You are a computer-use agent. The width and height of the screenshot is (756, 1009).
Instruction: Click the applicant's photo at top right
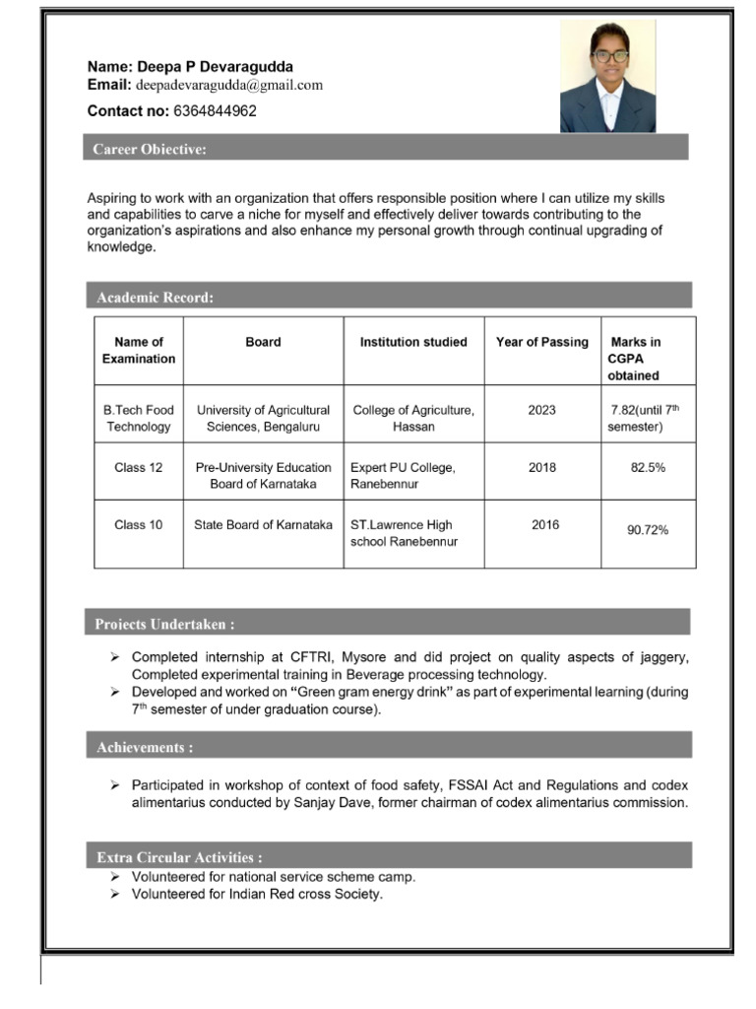click(607, 76)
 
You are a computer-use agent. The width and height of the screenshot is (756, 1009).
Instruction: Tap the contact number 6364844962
click(215, 111)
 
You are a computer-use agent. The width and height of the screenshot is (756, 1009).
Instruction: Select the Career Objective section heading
click(150, 150)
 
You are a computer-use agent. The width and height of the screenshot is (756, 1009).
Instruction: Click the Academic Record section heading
click(154, 298)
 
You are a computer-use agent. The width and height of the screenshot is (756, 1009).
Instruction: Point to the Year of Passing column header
click(541, 343)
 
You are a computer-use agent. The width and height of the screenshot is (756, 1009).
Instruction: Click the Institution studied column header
click(413, 343)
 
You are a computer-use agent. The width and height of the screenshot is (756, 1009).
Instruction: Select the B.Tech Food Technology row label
click(139, 419)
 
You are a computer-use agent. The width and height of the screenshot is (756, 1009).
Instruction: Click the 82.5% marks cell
click(648, 468)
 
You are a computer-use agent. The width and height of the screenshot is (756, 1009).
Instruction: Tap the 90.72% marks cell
click(648, 531)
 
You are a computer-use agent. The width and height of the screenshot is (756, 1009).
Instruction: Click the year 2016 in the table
click(544, 525)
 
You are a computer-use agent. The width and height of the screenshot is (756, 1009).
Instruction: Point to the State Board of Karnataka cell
click(263, 525)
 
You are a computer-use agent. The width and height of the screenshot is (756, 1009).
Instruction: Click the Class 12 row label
click(139, 468)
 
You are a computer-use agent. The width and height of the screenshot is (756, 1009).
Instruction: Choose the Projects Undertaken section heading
click(163, 625)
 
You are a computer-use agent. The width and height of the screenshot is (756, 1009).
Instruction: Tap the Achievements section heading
click(144, 748)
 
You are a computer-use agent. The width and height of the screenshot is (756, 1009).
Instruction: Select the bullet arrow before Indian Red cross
click(114, 895)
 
